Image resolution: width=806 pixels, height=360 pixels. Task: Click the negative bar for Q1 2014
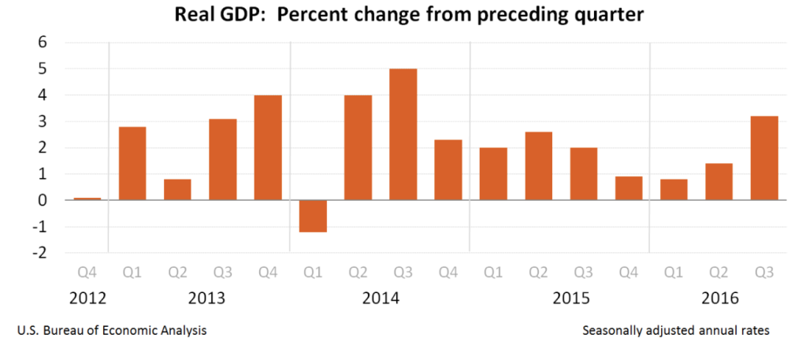[313, 216]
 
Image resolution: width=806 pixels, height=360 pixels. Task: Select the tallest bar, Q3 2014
[403, 135]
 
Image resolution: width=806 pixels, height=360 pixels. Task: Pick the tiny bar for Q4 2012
[87, 199]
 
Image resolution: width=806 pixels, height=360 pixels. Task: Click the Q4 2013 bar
[268, 147]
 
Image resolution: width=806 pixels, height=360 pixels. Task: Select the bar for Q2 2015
[538, 166]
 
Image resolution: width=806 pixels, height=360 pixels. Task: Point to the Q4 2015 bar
[628, 188]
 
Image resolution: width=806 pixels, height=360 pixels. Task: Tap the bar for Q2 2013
[177, 190]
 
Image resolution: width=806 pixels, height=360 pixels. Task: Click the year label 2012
[87, 299]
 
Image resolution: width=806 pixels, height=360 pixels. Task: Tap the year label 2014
[381, 299]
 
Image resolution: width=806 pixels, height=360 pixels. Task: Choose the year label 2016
[719, 299]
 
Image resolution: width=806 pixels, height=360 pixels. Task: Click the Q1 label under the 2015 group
[493, 273]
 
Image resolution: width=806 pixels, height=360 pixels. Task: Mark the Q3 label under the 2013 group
[222, 273]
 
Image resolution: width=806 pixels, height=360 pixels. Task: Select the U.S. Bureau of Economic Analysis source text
[111, 331]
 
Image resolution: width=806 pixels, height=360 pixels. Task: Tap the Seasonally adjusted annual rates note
[675, 331]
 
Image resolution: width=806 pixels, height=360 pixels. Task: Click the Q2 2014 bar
[358, 147]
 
